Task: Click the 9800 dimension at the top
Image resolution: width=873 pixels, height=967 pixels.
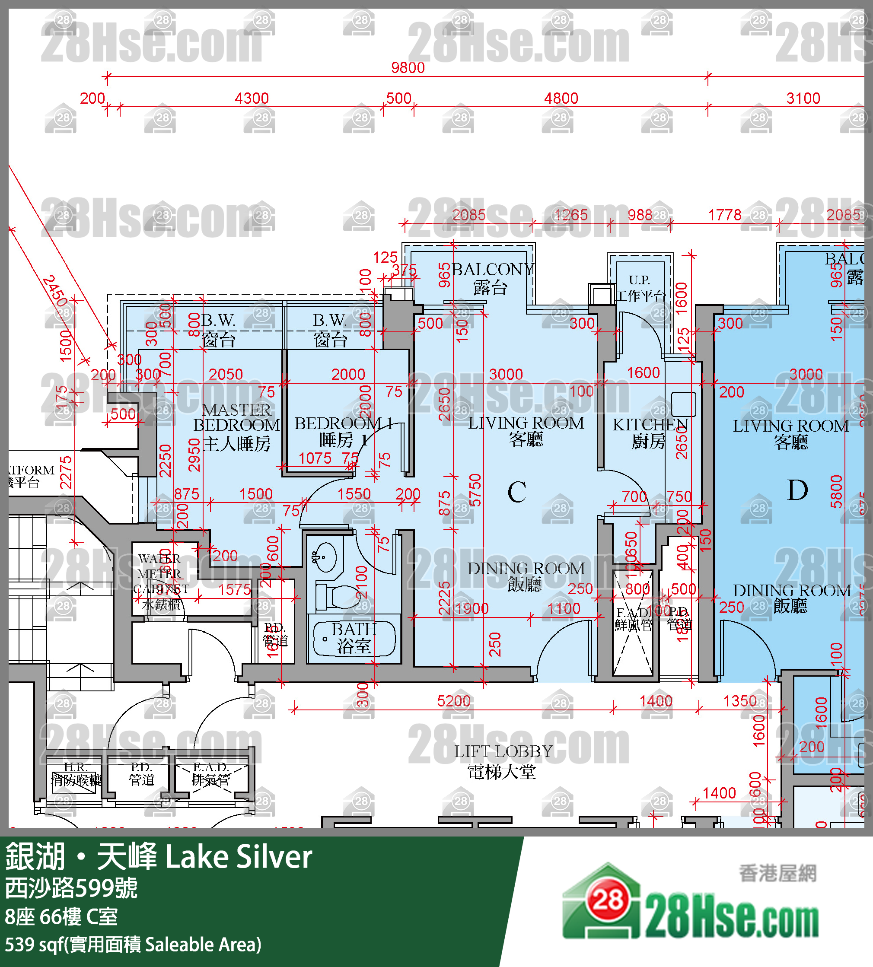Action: (408, 68)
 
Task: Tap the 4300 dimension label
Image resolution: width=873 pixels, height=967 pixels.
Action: (252, 99)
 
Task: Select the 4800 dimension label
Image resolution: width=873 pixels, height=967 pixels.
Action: (561, 99)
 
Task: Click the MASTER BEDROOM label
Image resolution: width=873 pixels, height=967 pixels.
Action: (236, 418)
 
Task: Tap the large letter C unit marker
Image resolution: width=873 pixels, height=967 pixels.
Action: (516, 492)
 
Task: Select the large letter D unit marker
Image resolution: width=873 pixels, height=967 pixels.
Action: (797, 490)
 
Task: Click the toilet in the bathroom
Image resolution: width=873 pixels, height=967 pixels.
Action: (338, 596)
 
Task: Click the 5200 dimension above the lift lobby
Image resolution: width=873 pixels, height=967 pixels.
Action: (453, 701)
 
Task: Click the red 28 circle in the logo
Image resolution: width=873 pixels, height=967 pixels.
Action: (608, 901)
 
